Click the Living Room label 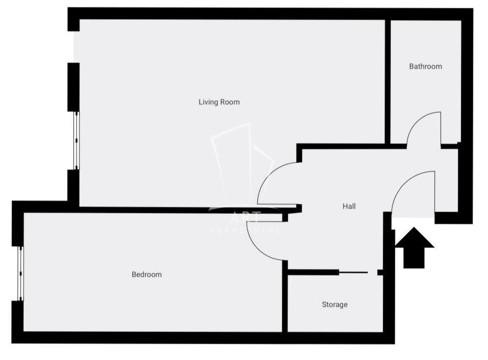(219, 102)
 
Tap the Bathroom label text (426, 66)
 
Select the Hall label (349, 206)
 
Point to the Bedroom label (146, 275)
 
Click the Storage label (335, 304)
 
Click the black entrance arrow (414, 248)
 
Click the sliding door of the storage (353, 272)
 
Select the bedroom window (20, 273)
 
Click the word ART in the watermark (245, 218)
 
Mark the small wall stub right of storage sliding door (380, 273)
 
